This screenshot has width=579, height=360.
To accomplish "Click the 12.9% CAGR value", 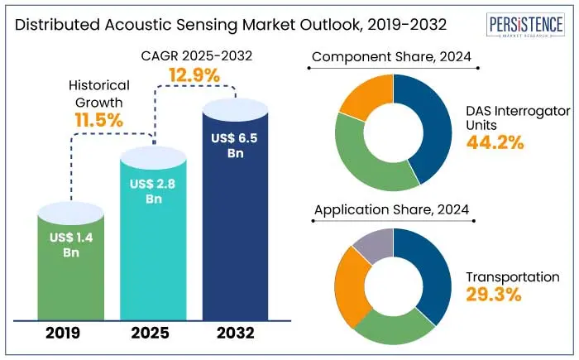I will (194, 75).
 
